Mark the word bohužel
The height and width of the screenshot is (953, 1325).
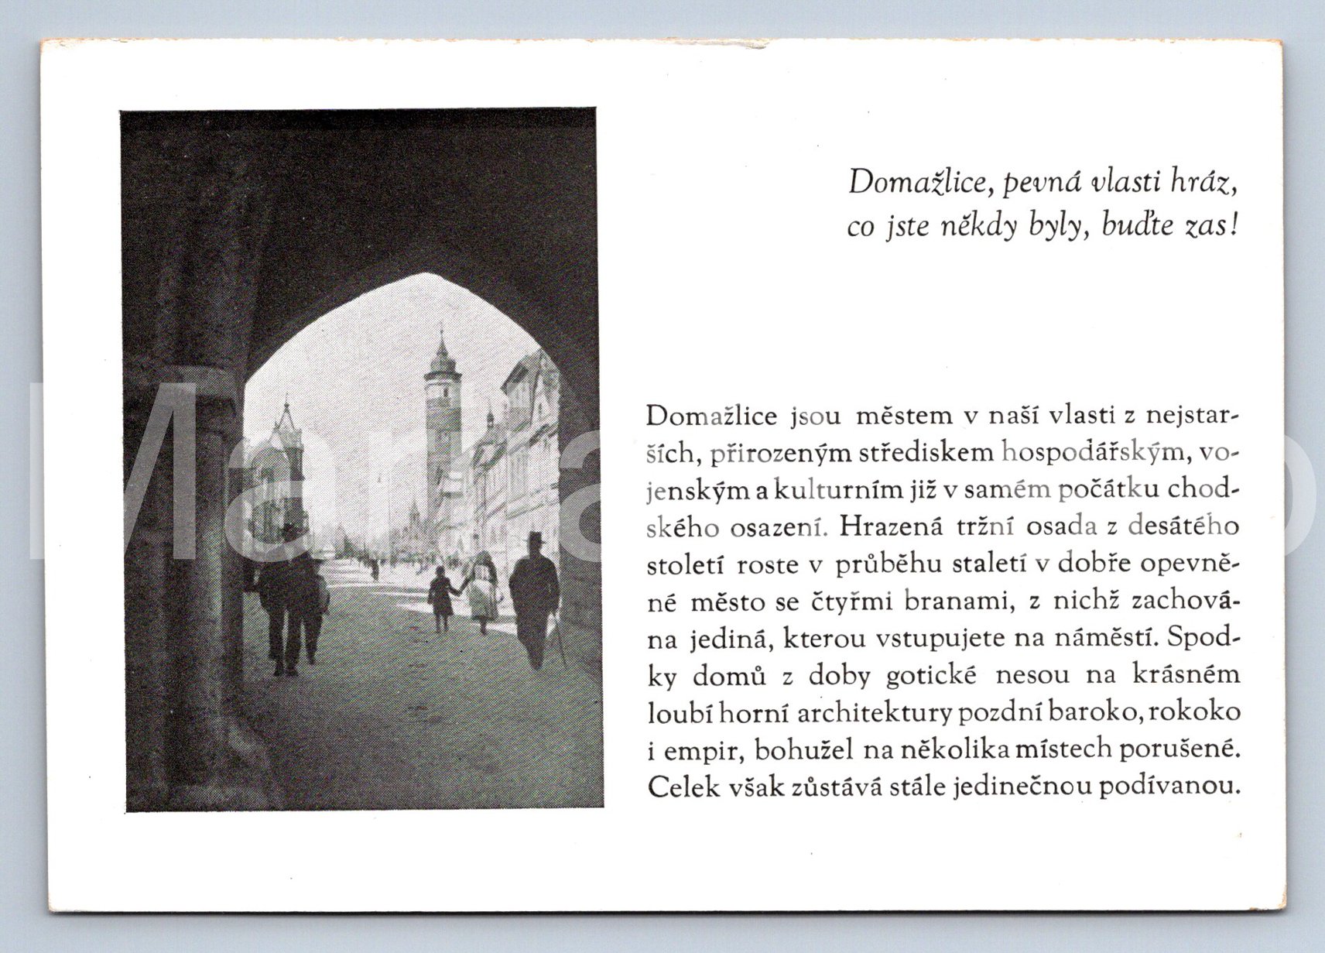(x=806, y=750)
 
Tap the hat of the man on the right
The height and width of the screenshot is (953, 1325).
(x=535, y=537)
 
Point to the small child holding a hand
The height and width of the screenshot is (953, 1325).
(x=442, y=596)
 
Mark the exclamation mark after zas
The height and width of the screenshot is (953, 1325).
(x=1234, y=225)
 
